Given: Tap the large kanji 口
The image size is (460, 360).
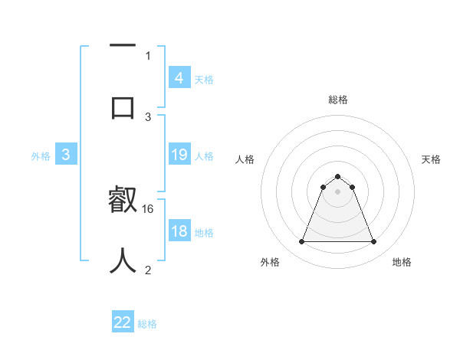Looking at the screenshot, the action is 123,106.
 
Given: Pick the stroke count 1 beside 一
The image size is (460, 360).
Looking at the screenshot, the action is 148,55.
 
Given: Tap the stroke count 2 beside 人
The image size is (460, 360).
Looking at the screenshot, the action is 148,270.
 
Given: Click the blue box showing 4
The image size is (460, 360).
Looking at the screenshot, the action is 179,77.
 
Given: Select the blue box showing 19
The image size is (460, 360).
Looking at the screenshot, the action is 179,155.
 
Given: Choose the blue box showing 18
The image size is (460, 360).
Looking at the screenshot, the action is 179,231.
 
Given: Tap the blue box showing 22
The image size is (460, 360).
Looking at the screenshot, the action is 123,322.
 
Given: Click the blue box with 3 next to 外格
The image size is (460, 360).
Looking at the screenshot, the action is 66,155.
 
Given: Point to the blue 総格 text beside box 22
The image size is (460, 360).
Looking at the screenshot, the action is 147,324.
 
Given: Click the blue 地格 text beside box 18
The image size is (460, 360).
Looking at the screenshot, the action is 204,233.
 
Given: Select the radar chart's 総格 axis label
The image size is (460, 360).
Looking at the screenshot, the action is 337,100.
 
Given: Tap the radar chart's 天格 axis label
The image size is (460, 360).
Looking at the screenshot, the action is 431,159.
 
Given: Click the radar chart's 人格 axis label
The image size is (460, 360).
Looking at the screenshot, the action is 245,159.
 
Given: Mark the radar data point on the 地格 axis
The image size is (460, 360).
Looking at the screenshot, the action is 374,242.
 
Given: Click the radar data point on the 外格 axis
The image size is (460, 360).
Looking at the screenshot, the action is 301,242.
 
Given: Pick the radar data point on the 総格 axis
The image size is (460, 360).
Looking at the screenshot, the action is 337,176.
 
